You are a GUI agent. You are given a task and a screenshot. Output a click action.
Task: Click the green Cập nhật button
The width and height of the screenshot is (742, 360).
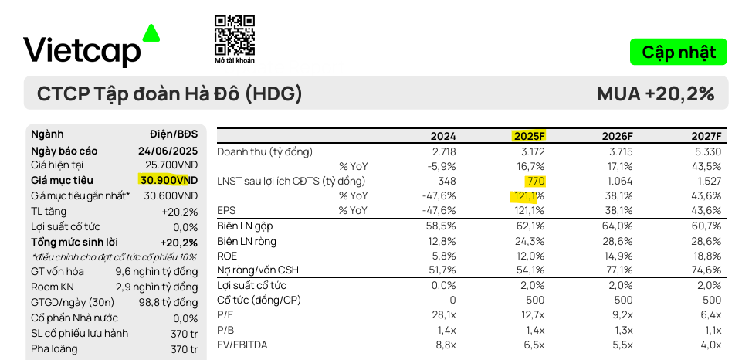(x=678, y=52)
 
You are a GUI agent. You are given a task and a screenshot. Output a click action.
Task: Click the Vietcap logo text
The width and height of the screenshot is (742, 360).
(x=82, y=51)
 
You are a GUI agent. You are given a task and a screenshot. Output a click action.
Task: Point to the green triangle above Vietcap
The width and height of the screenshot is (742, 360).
(x=151, y=32)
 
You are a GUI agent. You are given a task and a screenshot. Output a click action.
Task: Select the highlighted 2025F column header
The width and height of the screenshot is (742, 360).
(x=529, y=136)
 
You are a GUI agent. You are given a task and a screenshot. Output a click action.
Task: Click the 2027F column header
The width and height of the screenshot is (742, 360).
(x=706, y=136)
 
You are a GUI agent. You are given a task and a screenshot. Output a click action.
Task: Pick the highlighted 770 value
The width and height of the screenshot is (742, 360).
(x=536, y=181)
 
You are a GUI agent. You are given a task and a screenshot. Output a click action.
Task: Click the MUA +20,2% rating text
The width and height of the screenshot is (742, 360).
(x=656, y=94)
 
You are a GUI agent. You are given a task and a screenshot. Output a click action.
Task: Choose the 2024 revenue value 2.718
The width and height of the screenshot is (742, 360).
(x=442, y=151)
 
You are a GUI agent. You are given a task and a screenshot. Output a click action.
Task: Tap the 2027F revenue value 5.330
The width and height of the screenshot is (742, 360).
(x=707, y=151)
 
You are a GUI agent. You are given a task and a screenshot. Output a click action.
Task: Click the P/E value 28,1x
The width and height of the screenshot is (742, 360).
(x=442, y=314)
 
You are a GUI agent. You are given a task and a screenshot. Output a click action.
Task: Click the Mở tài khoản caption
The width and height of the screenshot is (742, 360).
(x=234, y=60)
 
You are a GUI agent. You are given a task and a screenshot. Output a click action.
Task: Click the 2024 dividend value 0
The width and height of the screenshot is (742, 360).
(x=452, y=300)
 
